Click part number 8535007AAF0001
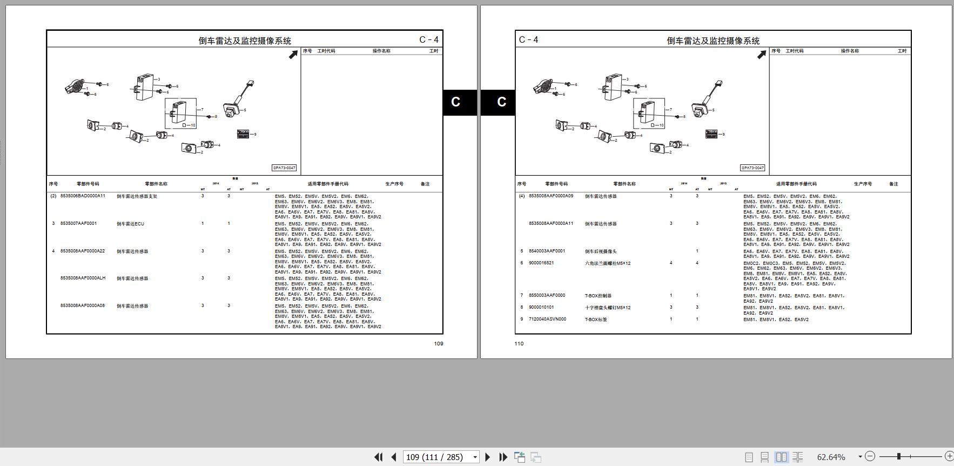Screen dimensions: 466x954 coord(78,223)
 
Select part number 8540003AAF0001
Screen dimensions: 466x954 coord(547,251)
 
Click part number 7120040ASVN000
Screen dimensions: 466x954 coord(547,319)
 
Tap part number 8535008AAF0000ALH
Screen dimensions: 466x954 coord(83,278)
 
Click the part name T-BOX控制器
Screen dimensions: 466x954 coord(598,296)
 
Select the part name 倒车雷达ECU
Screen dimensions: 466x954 coord(130,224)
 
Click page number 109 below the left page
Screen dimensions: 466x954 coord(438,343)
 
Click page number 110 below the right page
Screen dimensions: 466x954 coord(519,343)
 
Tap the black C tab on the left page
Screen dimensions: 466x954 coord(455,102)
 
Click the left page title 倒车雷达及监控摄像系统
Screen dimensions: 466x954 coord(245,41)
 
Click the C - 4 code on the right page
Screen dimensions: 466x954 coord(528,39)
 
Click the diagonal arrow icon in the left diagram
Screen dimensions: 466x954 coord(293,55)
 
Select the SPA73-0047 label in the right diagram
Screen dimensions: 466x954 coord(752,168)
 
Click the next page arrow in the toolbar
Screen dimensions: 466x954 coord(487,457)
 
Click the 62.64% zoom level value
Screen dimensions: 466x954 coord(831,457)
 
